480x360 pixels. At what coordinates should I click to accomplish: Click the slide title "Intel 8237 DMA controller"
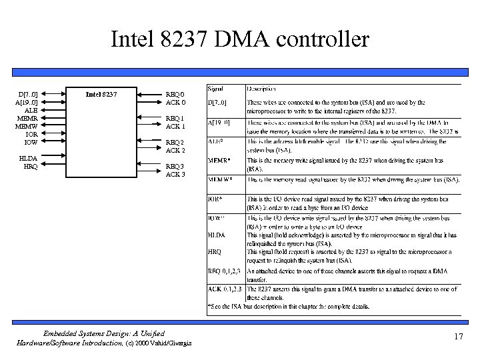[239, 39]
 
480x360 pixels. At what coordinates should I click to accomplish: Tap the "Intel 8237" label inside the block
[101, 94]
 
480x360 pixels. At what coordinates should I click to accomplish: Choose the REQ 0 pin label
[175, 94]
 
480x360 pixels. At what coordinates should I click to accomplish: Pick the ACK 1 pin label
[175, 126]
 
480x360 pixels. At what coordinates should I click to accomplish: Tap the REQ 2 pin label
[175, 143]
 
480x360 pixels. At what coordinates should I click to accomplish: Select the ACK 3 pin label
[175, 174]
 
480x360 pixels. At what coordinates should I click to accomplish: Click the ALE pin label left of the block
[30, 111]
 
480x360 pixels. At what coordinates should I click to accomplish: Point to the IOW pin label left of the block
[30, 142]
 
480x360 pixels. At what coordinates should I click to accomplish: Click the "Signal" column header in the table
[215, 88]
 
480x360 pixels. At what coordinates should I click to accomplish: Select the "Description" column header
[263, 88]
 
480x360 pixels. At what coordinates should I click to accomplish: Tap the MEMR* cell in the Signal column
[219, 161]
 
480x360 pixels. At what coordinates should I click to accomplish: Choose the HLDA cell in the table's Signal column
[216, 235]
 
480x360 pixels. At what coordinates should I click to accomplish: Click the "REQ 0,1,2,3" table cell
[224, 271]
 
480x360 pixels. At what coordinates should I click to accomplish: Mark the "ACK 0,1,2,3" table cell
[224, 289]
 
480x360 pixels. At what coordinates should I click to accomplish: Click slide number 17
[457, 337]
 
